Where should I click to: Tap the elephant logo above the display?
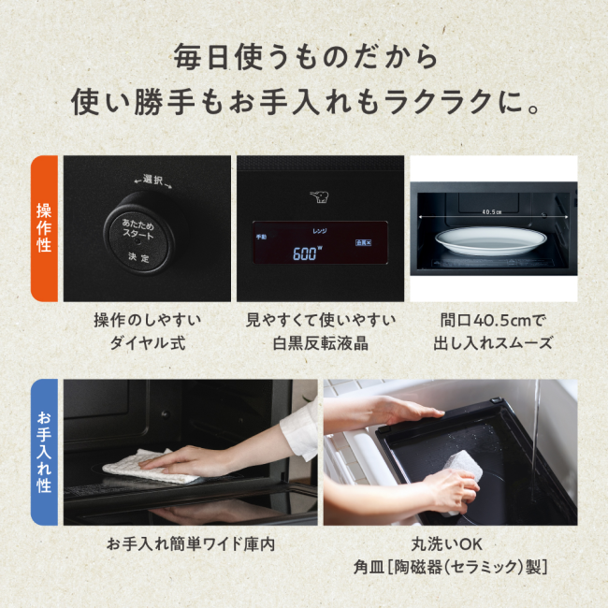[x=319, y=197]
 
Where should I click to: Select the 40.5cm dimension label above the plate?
[x=493, y=211]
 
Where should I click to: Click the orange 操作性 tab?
[x=44, y=228]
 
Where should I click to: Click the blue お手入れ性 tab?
[x=44, y=452]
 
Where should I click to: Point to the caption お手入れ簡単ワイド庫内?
[x=190, y=543]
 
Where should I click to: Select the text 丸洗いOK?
[x=449, y=543]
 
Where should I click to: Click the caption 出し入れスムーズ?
[x=493, y=343]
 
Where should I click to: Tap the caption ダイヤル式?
[x=147, y=343]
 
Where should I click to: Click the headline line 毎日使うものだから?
[x=305, y=57]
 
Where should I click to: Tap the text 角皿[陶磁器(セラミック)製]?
[x=450, y=568]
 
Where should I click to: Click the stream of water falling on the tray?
[x=534, y=421]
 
